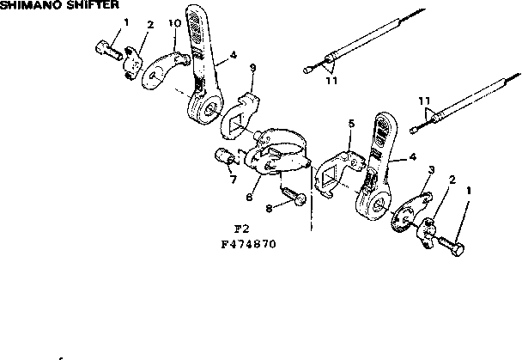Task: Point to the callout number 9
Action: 252,68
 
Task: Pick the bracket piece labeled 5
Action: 333,167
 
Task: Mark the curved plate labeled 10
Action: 162,71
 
